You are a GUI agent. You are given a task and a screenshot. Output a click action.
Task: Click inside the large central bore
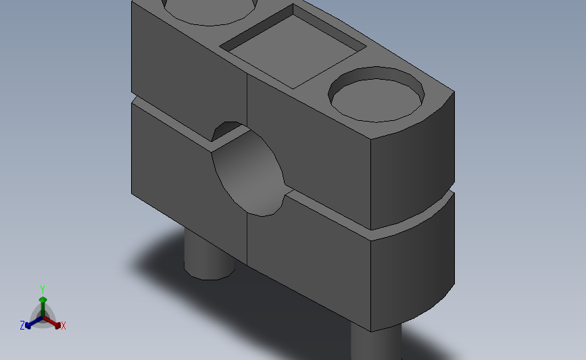249,173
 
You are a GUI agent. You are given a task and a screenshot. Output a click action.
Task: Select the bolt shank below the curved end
376,341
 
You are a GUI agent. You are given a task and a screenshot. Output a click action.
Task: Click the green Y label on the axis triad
43,290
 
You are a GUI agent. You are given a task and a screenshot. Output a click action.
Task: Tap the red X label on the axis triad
64,326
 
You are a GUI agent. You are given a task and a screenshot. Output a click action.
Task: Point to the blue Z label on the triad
22,326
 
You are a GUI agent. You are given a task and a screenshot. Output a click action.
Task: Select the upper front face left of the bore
186,68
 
